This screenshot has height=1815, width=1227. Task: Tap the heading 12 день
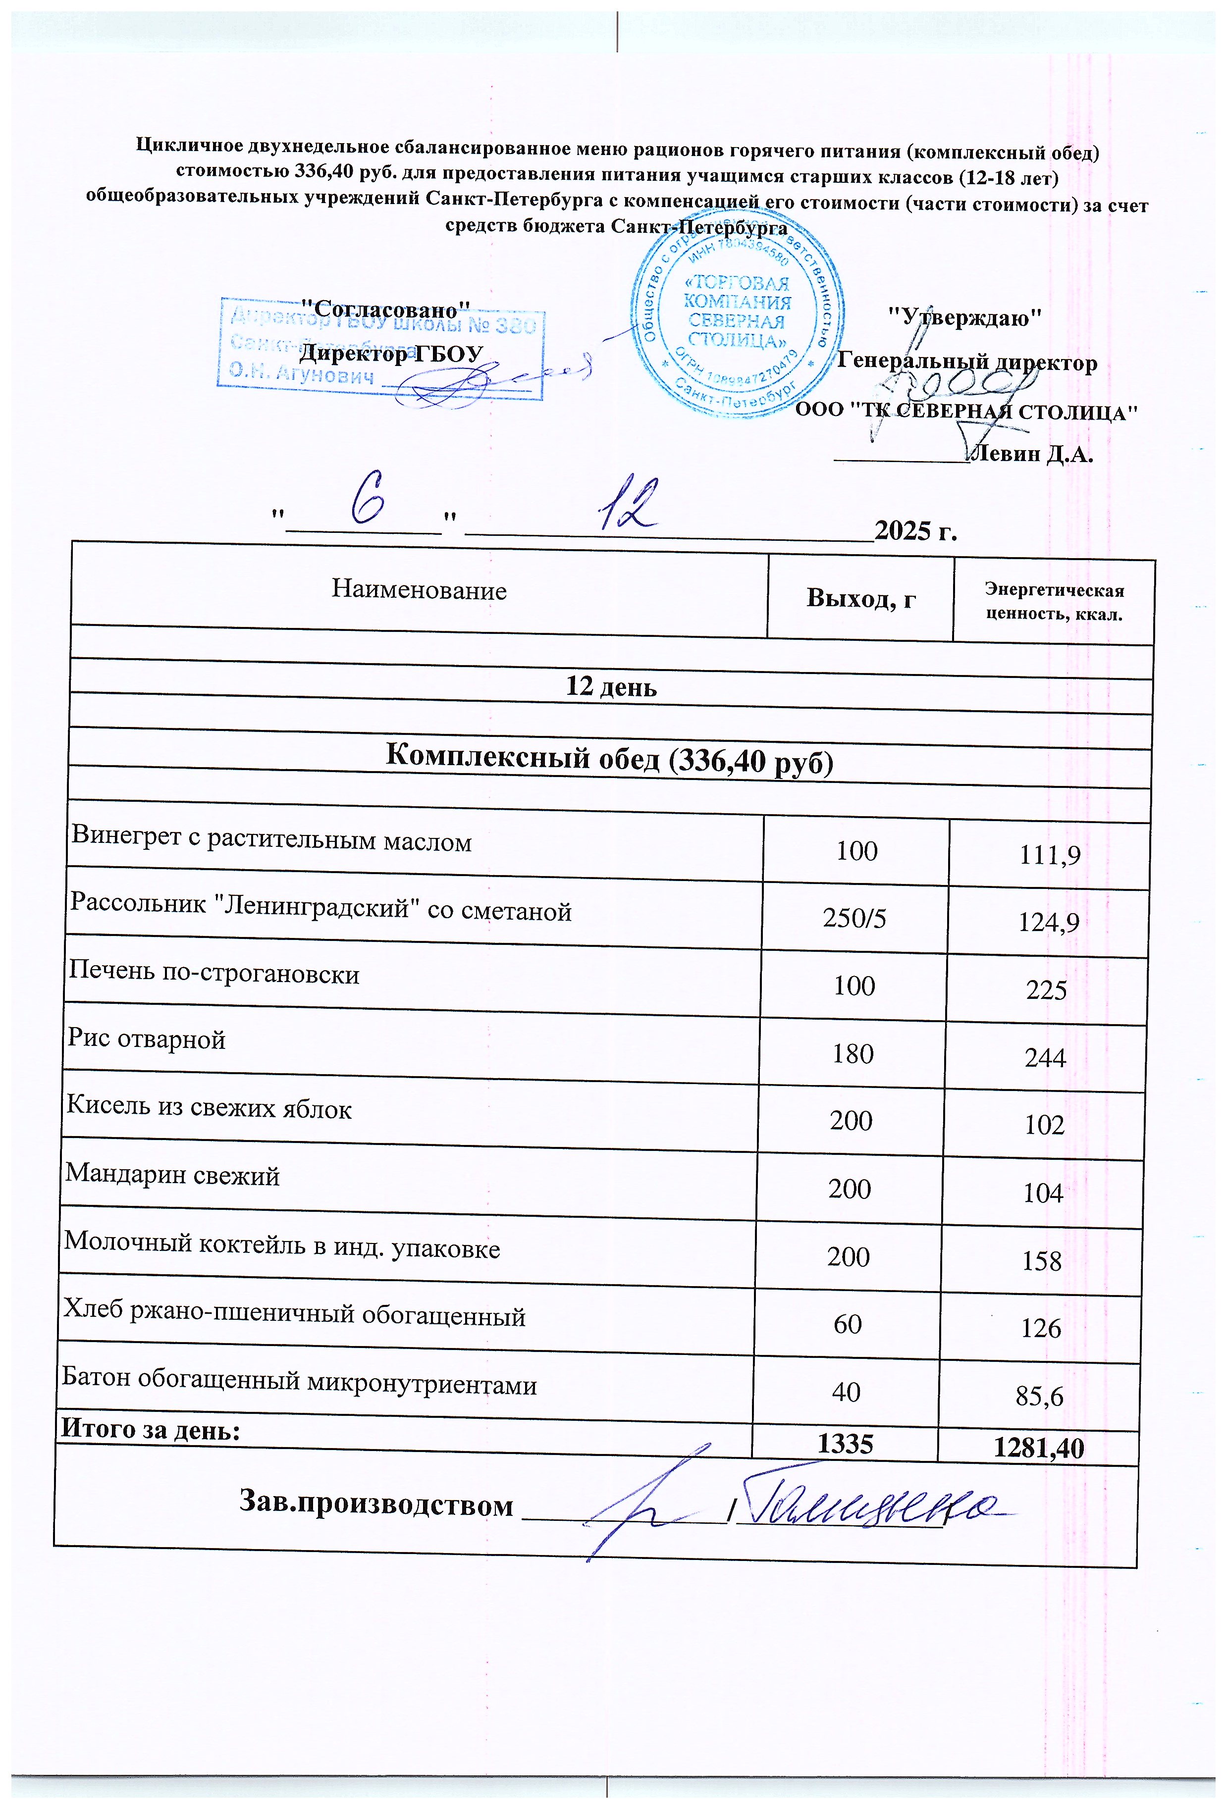611,686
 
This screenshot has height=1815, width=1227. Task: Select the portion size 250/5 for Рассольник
854,919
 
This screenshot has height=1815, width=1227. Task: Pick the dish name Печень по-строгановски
214,974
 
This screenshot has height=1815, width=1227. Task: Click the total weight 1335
844,1443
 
